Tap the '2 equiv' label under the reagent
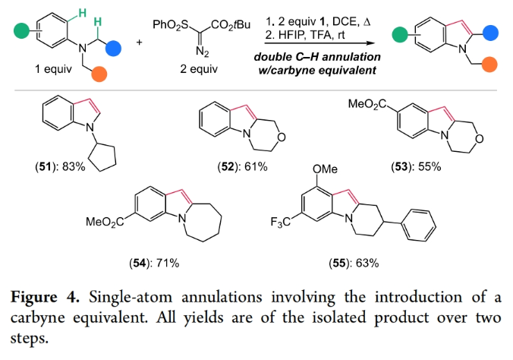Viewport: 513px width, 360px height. [199, 70]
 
